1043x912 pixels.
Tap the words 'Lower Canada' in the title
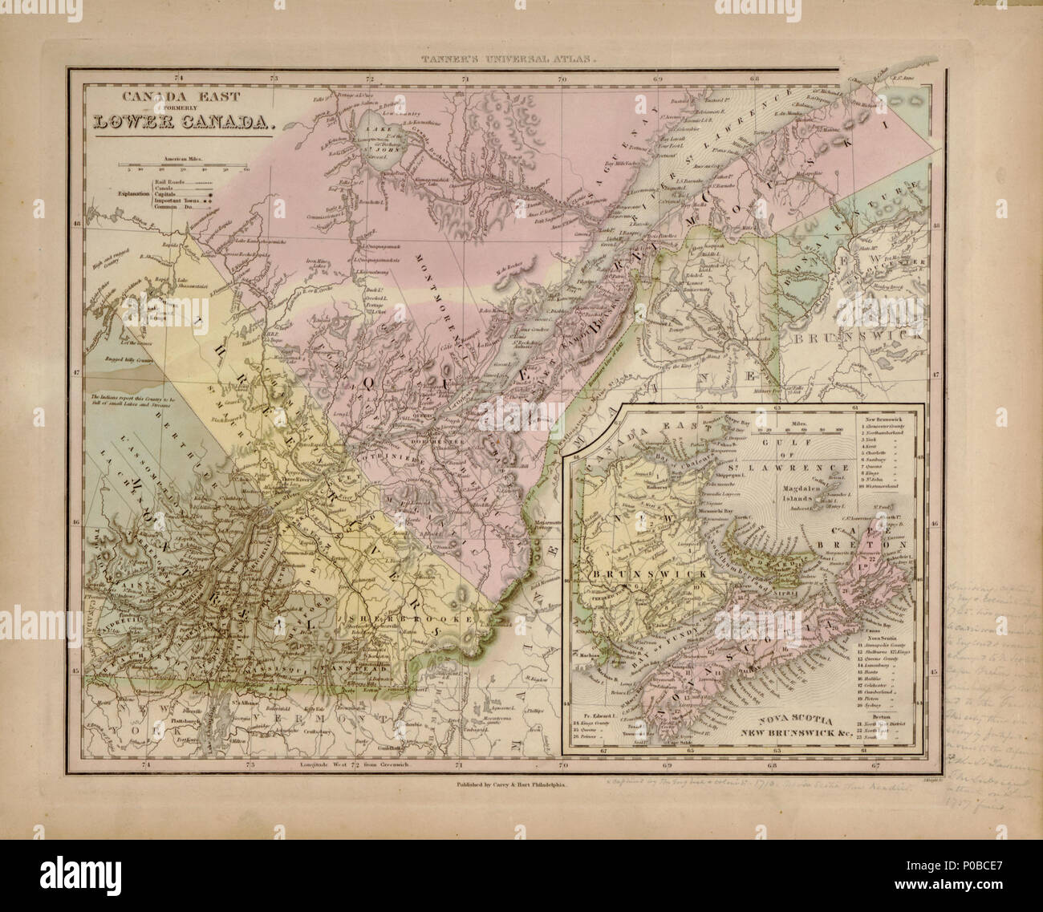click(184, 123)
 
